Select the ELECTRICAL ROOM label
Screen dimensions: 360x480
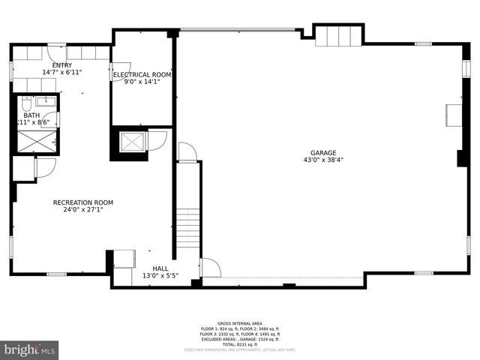pos(142,75)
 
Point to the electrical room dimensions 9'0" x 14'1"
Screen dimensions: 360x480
pos(142,82)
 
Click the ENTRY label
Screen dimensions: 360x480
pos(61,65)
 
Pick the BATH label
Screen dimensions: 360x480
pos(31,115)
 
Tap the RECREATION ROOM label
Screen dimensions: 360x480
pos(82,202)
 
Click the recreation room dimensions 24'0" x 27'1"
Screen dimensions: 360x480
pos(82,210)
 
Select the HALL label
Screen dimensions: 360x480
pos(160,268)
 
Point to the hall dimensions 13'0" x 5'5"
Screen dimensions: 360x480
pos(160,275)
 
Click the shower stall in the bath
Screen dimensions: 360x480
pos(37,141)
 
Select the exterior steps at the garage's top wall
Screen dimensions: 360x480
pos(338,35)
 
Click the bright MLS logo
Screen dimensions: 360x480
pos(30,349)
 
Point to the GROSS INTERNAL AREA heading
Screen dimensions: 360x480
pos(239,323)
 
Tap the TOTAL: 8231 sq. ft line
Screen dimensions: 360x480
pos(239,343)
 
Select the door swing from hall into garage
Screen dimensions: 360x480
pos(211,268)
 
